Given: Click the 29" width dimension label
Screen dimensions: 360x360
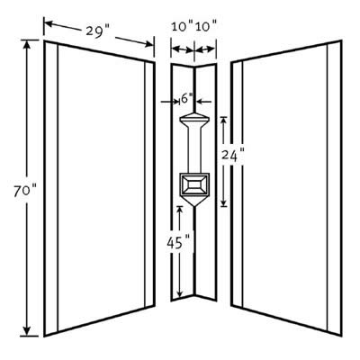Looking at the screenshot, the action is (98, 31).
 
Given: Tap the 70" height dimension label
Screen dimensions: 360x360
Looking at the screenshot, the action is (25, 192).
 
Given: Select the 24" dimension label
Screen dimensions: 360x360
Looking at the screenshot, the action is (232, 156).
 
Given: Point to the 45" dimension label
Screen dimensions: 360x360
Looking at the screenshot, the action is (178, 243).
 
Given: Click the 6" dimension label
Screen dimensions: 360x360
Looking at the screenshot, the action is (187, 99).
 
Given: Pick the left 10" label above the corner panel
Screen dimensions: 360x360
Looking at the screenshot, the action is (183, 26).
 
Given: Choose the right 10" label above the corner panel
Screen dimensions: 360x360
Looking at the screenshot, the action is (206, 26).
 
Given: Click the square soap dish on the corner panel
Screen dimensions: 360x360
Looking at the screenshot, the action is (194, 184).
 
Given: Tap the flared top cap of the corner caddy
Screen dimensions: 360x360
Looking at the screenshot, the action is (194, 119).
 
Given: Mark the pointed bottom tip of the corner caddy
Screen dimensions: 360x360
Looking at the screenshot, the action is (194, 206).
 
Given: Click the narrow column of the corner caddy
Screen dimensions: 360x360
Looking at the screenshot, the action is (194, 149).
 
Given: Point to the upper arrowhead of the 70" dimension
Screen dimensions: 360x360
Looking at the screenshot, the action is (27, 44).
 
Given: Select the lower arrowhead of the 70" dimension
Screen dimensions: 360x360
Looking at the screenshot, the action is (27, 330).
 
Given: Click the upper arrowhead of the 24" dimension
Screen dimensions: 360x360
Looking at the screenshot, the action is (224, 121).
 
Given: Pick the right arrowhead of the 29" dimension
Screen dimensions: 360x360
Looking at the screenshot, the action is (149, 44).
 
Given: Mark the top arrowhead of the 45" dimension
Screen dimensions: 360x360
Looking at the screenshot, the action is (179, 211).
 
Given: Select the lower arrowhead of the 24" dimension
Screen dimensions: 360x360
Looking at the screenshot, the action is (224, 202).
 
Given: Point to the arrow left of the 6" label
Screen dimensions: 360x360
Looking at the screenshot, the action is (170, 102).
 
